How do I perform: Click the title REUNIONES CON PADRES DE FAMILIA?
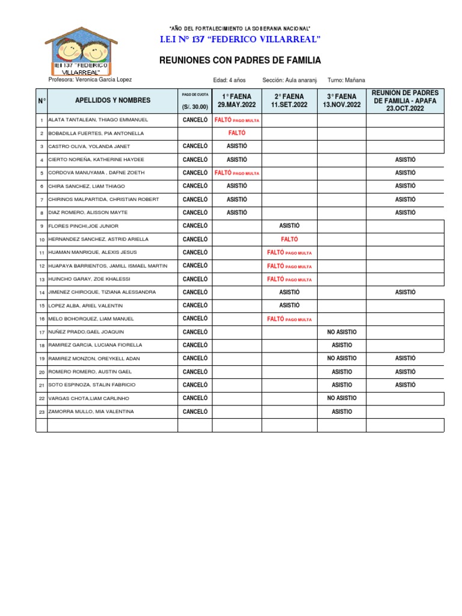(239, 61)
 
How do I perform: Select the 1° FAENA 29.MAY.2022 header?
(237, 100)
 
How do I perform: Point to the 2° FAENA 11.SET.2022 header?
(289, 100)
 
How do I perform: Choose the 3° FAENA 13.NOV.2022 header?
(342, 100)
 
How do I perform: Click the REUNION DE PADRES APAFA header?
(405, 100)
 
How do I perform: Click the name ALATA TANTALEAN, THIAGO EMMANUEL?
(98, 120)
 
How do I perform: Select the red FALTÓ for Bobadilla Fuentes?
(237, 134)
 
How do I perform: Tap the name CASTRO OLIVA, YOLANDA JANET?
(88, 147)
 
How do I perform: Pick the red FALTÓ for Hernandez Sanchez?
(289, 239)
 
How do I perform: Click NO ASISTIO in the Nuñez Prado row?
(342, 332)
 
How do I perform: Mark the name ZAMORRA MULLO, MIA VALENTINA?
(91, 412)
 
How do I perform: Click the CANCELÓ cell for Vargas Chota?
(195, 398)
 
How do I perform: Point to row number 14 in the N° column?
(42, 292)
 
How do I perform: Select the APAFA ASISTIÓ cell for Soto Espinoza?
(405, 385)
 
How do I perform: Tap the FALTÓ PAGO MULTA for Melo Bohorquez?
(289, 319)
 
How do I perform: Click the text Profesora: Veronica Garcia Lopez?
(90, 80)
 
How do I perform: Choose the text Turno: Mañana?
(346, 81)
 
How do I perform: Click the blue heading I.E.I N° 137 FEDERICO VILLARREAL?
(239, 40)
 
